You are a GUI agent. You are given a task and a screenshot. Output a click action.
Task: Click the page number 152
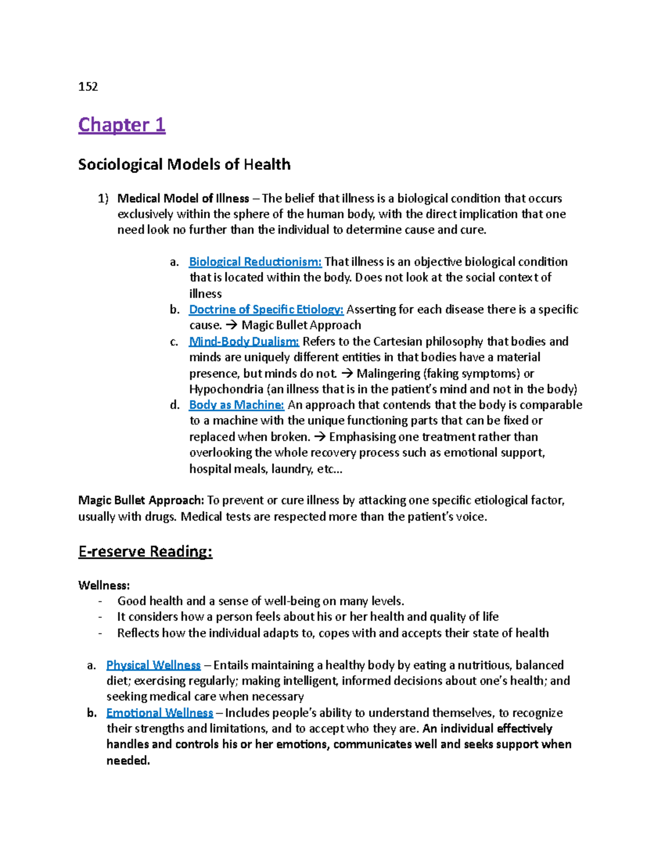tap(88, 86)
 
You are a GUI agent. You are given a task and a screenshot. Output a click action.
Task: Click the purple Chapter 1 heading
tap(122, 125)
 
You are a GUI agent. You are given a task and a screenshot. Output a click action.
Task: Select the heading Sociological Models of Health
tap(184, 164)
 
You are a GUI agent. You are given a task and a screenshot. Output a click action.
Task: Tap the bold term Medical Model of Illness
tap(183, 198)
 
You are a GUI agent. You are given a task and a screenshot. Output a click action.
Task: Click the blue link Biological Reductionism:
tap(255, 261)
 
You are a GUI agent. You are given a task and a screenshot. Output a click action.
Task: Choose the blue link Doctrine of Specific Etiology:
tap(266, 310)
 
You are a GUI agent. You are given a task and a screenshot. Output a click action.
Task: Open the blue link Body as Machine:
tap(237, 405)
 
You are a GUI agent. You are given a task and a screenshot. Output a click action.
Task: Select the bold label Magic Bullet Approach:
tap(141, 501)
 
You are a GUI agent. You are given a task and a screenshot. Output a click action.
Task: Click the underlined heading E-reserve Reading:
tap(145, 552)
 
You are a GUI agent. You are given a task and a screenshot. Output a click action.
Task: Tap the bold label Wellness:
tap(104, 585)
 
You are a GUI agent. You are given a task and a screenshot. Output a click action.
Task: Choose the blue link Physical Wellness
tap(154, 665)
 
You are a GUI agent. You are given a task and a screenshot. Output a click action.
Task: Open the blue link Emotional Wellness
tap(160, 713)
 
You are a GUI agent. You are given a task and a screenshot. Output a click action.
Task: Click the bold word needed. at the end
tap(128, 761)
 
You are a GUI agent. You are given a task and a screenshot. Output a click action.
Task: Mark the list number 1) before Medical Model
tap(103, 198)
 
